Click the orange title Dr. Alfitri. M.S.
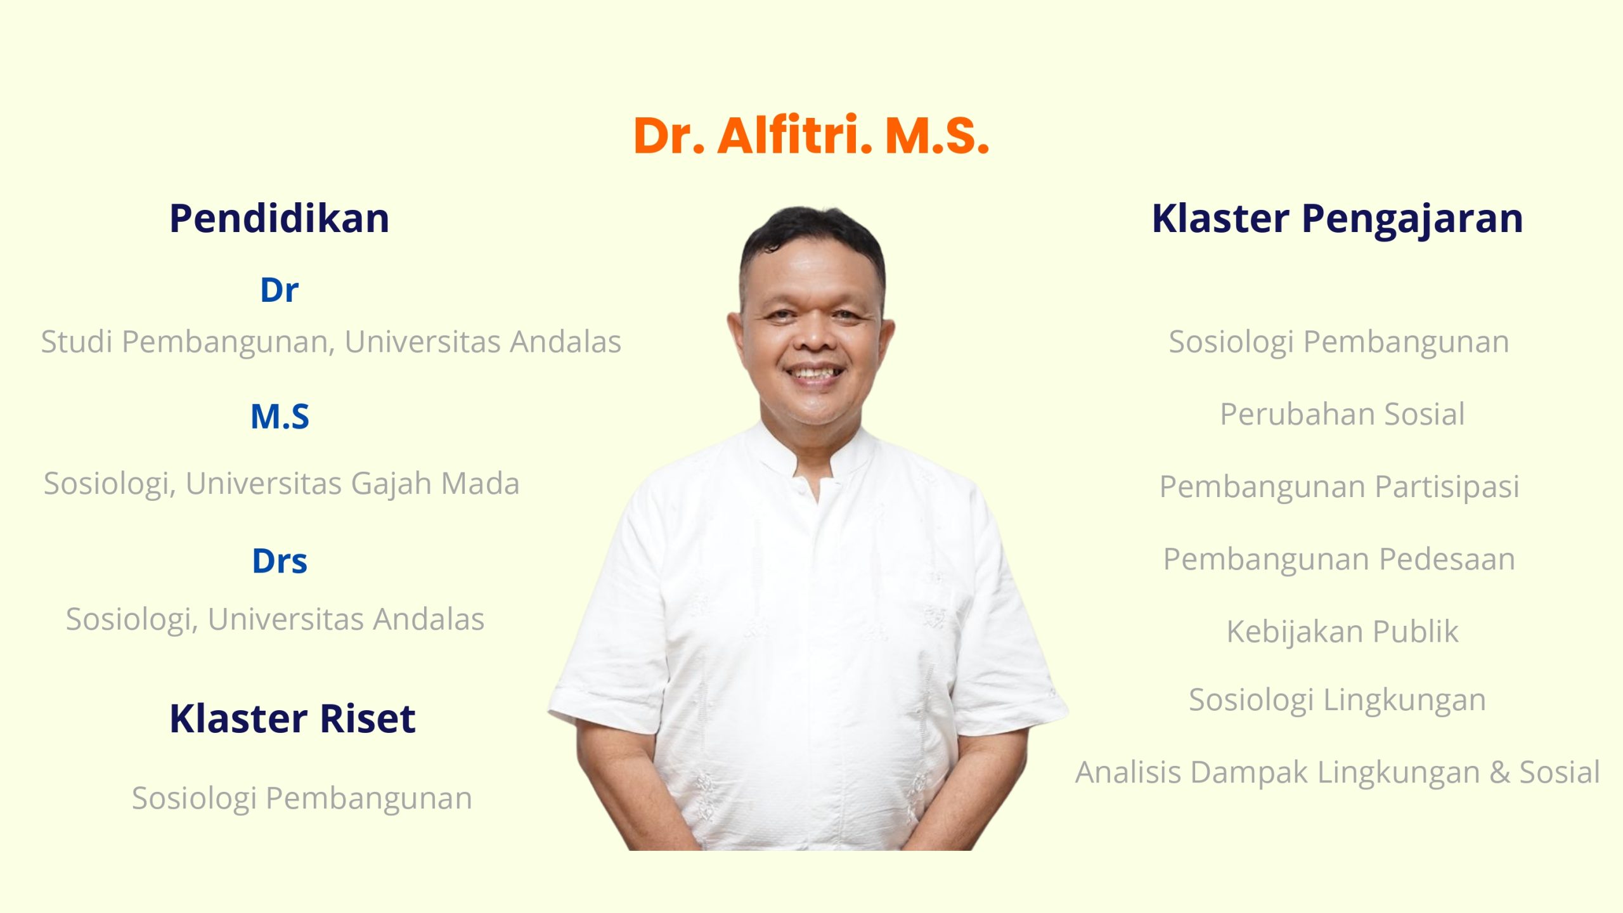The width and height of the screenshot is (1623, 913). tap(811, 135)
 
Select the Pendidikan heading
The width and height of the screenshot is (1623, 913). tap(279, 218)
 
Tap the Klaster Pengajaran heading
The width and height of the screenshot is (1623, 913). tap(1337, 219)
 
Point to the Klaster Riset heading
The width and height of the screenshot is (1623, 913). tap(292, 718)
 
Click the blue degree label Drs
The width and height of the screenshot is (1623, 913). tap(280, 561)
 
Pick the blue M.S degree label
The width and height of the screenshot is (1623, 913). tap(280, 417)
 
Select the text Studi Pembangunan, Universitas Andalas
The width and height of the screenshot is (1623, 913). tap(331, 342)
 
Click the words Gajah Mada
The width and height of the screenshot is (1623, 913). tap(435, 484)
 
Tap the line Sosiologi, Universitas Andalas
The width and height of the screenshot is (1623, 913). tap(275, 619)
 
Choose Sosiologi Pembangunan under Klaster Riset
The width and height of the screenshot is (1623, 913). tap(302, 799)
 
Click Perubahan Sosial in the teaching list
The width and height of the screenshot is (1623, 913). tap(1342, 414)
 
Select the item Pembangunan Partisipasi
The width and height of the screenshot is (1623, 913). tap(1339, 487)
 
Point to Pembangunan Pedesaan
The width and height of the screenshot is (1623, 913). tap(1339, 559)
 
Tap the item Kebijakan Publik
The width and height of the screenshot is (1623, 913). tap(1342, 632)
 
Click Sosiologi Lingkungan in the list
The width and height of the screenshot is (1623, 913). tap(1337, 701)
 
